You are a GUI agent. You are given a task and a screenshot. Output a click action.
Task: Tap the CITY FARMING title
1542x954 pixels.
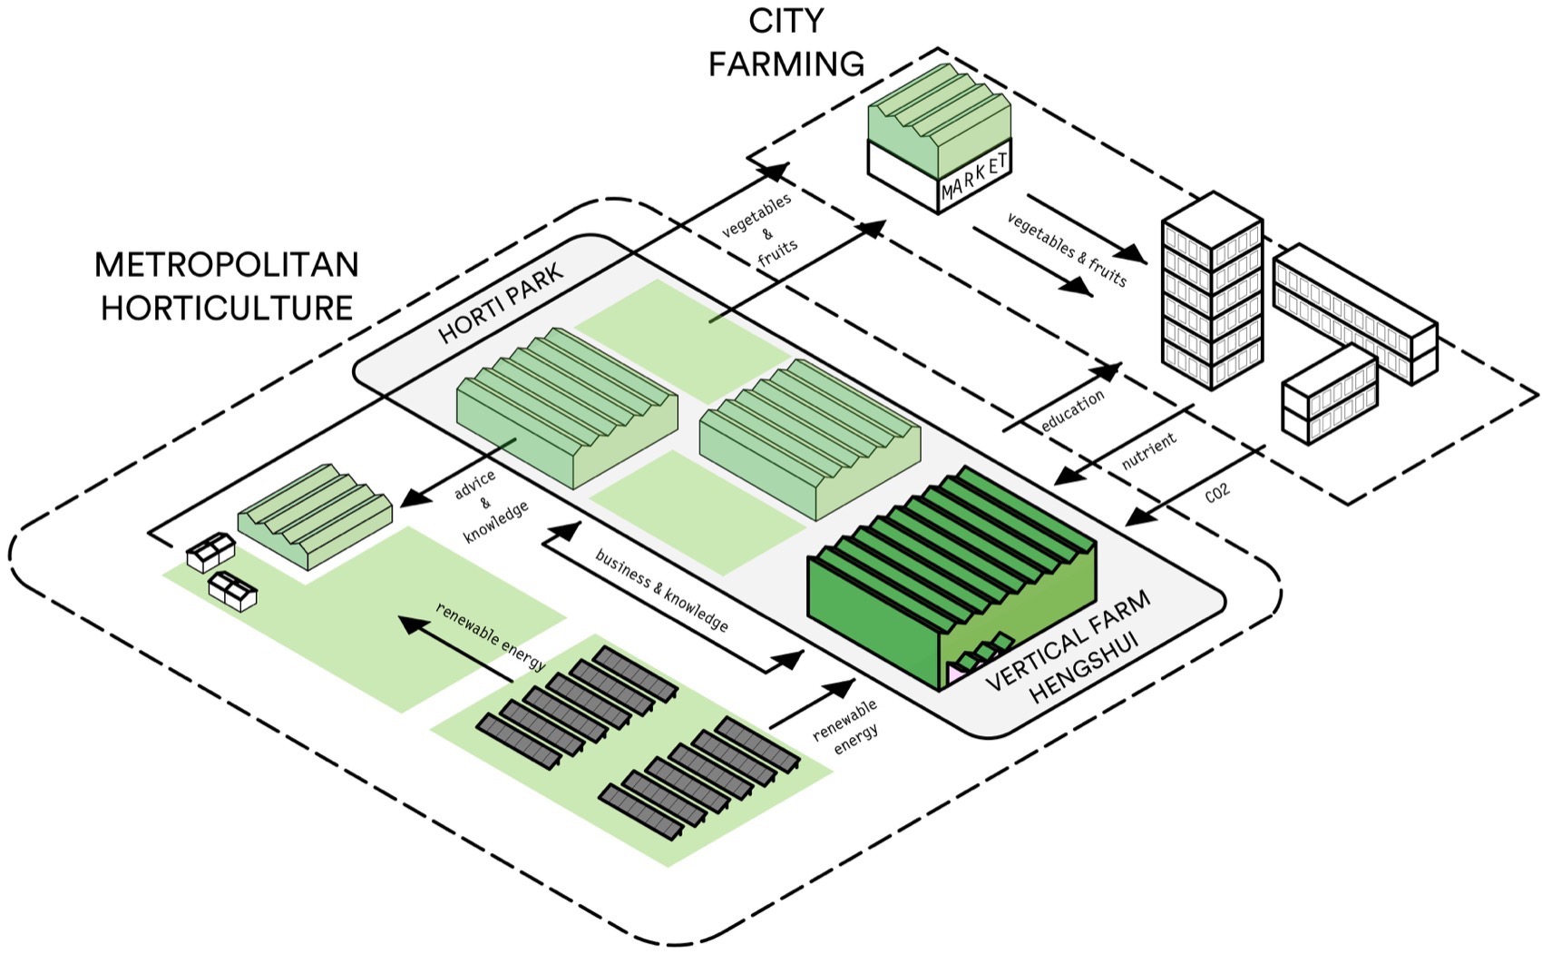point(786,44)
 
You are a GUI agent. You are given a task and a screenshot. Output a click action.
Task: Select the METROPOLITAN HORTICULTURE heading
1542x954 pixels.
point(227,286)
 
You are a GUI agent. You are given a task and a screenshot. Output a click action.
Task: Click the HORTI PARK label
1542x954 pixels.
point(501,303)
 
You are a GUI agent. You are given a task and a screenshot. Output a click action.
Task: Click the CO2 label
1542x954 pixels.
point(1216,493)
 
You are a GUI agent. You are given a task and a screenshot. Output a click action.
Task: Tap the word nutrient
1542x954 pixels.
point(1148,451)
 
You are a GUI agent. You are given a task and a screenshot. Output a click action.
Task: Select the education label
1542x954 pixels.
point(1072,410)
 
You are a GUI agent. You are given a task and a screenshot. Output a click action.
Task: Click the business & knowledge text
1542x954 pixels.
point(661,589)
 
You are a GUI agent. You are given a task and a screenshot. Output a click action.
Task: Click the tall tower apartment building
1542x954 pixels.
point(1212,290)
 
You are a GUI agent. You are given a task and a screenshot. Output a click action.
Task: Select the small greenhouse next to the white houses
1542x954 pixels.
point(315,514)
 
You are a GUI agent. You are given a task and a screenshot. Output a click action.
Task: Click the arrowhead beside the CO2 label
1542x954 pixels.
point(1137,518)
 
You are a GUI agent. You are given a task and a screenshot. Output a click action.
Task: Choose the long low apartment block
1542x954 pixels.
point(1355,313)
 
